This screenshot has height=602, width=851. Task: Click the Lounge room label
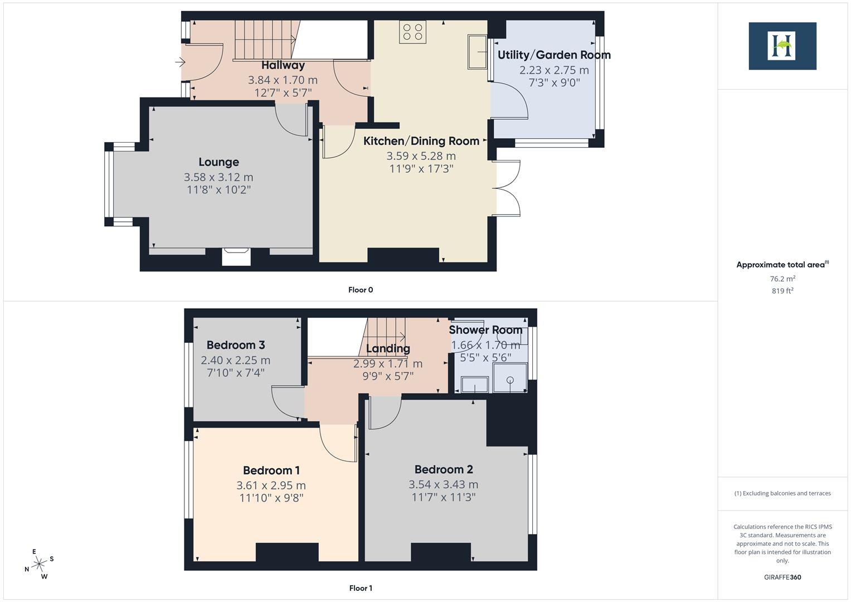218,162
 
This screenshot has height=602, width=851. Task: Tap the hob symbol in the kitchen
412,32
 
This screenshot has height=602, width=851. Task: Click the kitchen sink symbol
478,52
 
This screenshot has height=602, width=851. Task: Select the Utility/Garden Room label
553,55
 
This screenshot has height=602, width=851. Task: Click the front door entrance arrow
180,62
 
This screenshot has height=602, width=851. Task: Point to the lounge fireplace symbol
236,256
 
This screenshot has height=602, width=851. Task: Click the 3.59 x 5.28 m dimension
421,156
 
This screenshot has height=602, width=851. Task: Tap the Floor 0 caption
361,290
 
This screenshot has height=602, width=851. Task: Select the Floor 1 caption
361,588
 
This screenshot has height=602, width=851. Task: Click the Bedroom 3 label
235,345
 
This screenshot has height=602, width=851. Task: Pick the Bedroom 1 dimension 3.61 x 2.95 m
271,486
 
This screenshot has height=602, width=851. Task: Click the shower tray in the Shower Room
510,378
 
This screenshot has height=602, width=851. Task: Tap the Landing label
388,349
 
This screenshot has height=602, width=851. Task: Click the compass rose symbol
39,564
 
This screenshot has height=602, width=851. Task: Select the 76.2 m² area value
782,279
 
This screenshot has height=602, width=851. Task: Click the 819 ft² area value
782,291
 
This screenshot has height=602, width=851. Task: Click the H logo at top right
782,46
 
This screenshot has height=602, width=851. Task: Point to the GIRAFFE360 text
782,577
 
